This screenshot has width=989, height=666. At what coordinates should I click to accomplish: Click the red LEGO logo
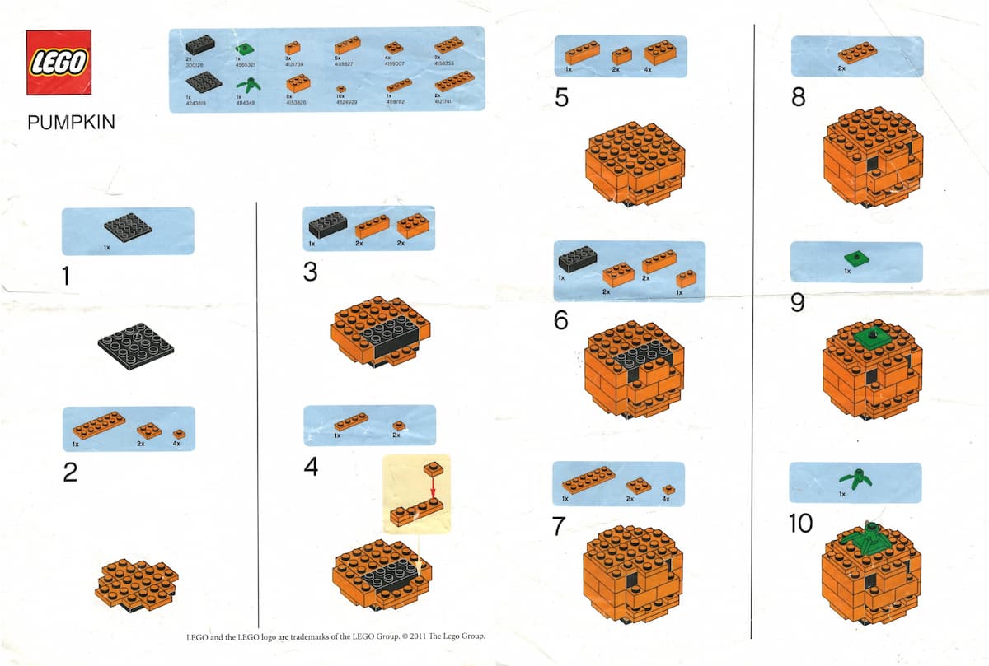pos(59,63)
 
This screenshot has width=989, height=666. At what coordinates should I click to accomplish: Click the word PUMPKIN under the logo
pos(71,123)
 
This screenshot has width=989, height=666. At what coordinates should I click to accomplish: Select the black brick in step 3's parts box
pos(328,225)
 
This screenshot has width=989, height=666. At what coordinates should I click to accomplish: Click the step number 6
pos(561,319)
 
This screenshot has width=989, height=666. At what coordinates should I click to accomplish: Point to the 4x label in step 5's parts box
pos(647,70)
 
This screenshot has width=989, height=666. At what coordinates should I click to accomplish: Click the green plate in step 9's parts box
pos(858,258)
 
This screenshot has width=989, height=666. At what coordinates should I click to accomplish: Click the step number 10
pos(800,523)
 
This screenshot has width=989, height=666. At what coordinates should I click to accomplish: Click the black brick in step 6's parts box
pos(578,261)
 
